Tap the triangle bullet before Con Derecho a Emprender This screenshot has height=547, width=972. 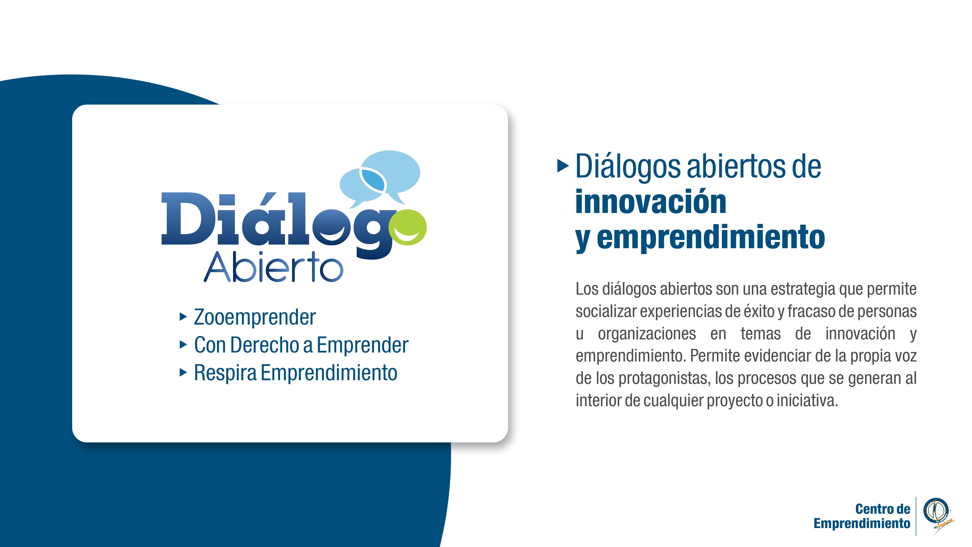tap(183, 345)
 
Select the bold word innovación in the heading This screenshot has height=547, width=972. tap(651, 202)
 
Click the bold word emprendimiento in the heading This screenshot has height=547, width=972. tap(711, 238)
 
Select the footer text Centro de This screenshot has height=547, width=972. tap(883, 509)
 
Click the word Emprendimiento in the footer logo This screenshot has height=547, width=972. tap(862, 524)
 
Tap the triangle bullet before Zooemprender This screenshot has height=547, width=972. tap(183, 317)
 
